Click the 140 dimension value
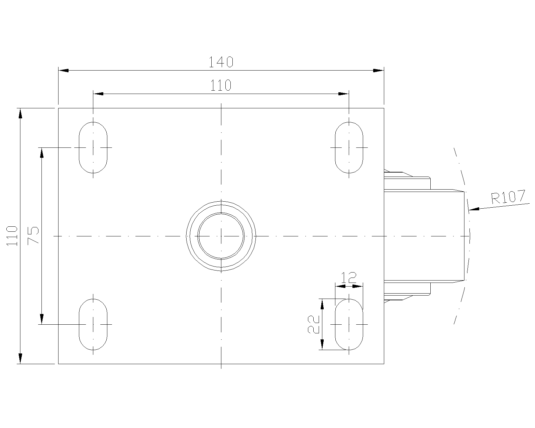coord(221,62)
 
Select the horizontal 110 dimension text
coord(221,85)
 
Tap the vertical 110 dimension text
coord(12,236)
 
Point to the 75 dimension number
coord(33,236)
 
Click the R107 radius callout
coord(508,197)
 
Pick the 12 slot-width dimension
coord(349,278)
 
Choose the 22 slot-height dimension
coord(314,324)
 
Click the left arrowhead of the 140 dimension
coord(64,70)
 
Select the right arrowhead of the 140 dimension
coord(379,70)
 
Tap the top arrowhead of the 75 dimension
coord(42,153)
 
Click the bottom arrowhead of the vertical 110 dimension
coord(20,358)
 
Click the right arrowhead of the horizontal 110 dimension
coord(344,94)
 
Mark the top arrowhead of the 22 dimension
coord(322,304)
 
